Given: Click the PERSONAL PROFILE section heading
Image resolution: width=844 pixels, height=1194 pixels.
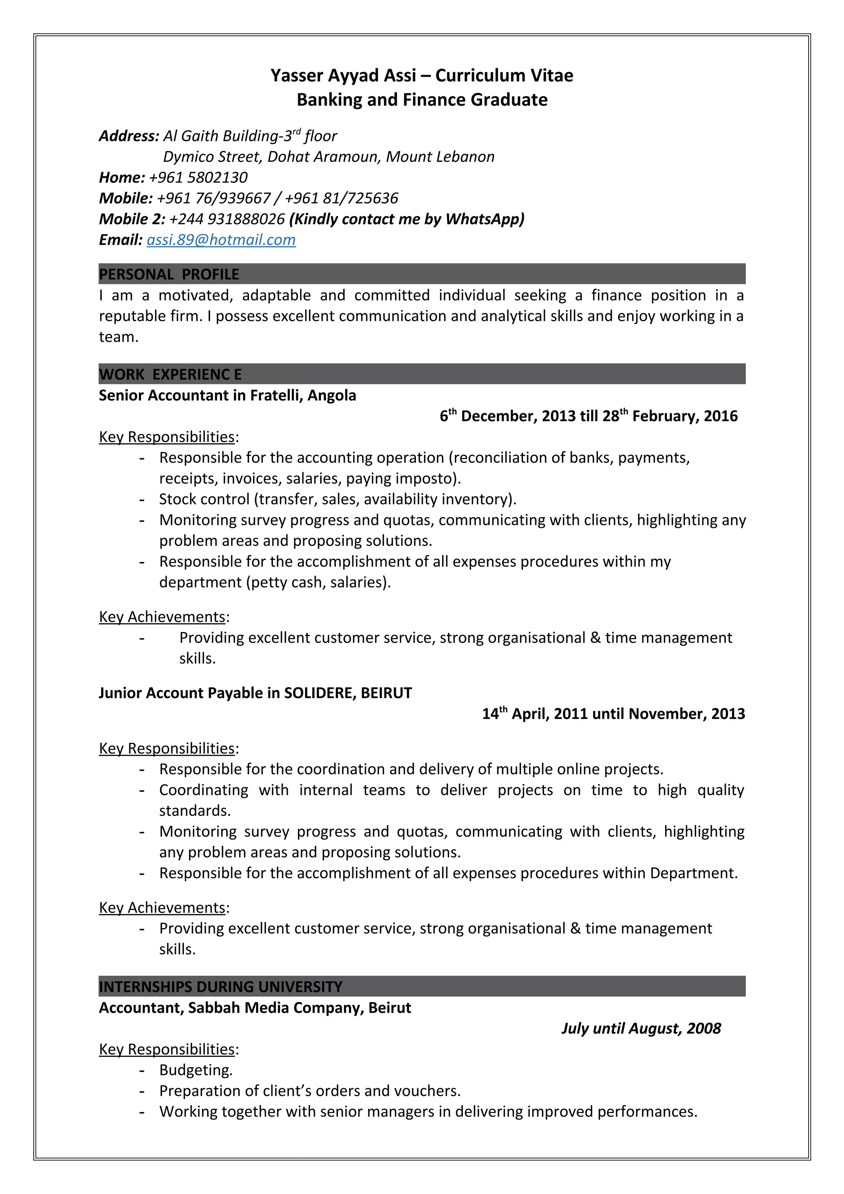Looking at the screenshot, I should tap(169, 274).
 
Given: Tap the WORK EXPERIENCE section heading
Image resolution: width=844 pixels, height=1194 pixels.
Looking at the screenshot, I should tap(170, 375).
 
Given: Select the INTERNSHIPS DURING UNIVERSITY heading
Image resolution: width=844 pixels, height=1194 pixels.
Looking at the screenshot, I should tap(220, 986).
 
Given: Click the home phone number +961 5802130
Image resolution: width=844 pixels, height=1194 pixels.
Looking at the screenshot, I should tap(198, 177).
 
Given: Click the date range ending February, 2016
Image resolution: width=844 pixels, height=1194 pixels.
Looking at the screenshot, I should tap(588, 416).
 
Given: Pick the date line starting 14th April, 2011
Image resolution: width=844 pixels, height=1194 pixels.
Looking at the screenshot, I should tap(613, 714).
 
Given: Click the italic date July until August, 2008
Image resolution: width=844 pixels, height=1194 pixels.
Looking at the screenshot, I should tap(641, 1028).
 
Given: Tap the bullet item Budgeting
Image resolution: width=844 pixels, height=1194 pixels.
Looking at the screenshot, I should tap(195, 1070).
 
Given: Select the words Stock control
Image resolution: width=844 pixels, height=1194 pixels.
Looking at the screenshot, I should tap(204, 499).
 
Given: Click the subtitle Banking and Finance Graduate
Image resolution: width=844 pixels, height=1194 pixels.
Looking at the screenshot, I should tap(422, 99).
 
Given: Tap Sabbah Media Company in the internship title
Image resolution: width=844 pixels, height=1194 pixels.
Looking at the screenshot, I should tap(276, 1007).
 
